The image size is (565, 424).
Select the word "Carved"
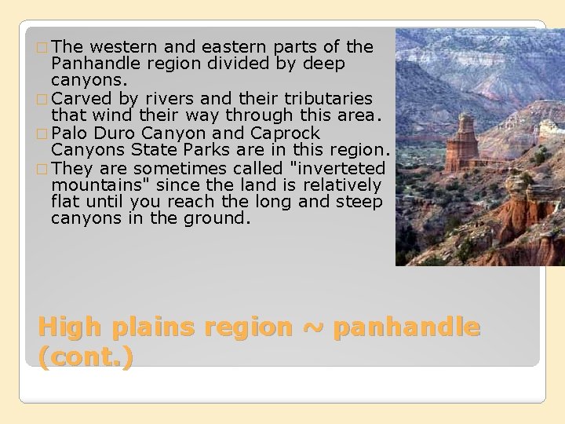(82, 98)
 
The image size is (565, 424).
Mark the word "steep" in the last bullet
(359, 203)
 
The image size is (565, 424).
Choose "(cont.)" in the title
(86, 357)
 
